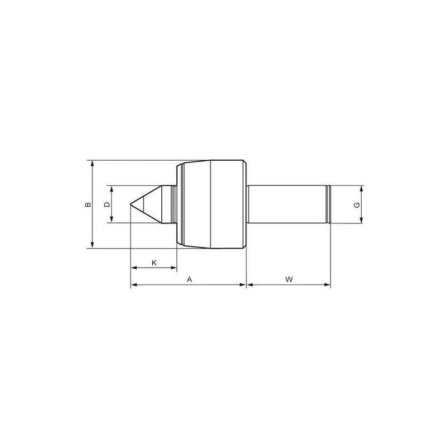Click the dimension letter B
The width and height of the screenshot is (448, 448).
87,205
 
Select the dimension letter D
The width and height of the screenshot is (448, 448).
107,204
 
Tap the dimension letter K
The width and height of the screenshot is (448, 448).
154,262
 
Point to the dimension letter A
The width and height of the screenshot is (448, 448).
189,279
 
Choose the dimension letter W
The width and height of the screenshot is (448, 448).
289,279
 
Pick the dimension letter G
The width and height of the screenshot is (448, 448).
356,205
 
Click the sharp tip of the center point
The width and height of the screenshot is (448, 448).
130,205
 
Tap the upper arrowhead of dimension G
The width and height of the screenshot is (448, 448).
362,188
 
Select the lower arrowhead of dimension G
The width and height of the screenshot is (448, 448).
362,221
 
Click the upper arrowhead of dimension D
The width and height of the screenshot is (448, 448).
113,189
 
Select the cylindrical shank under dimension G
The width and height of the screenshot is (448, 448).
286,205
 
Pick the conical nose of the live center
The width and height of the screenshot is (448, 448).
151,205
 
